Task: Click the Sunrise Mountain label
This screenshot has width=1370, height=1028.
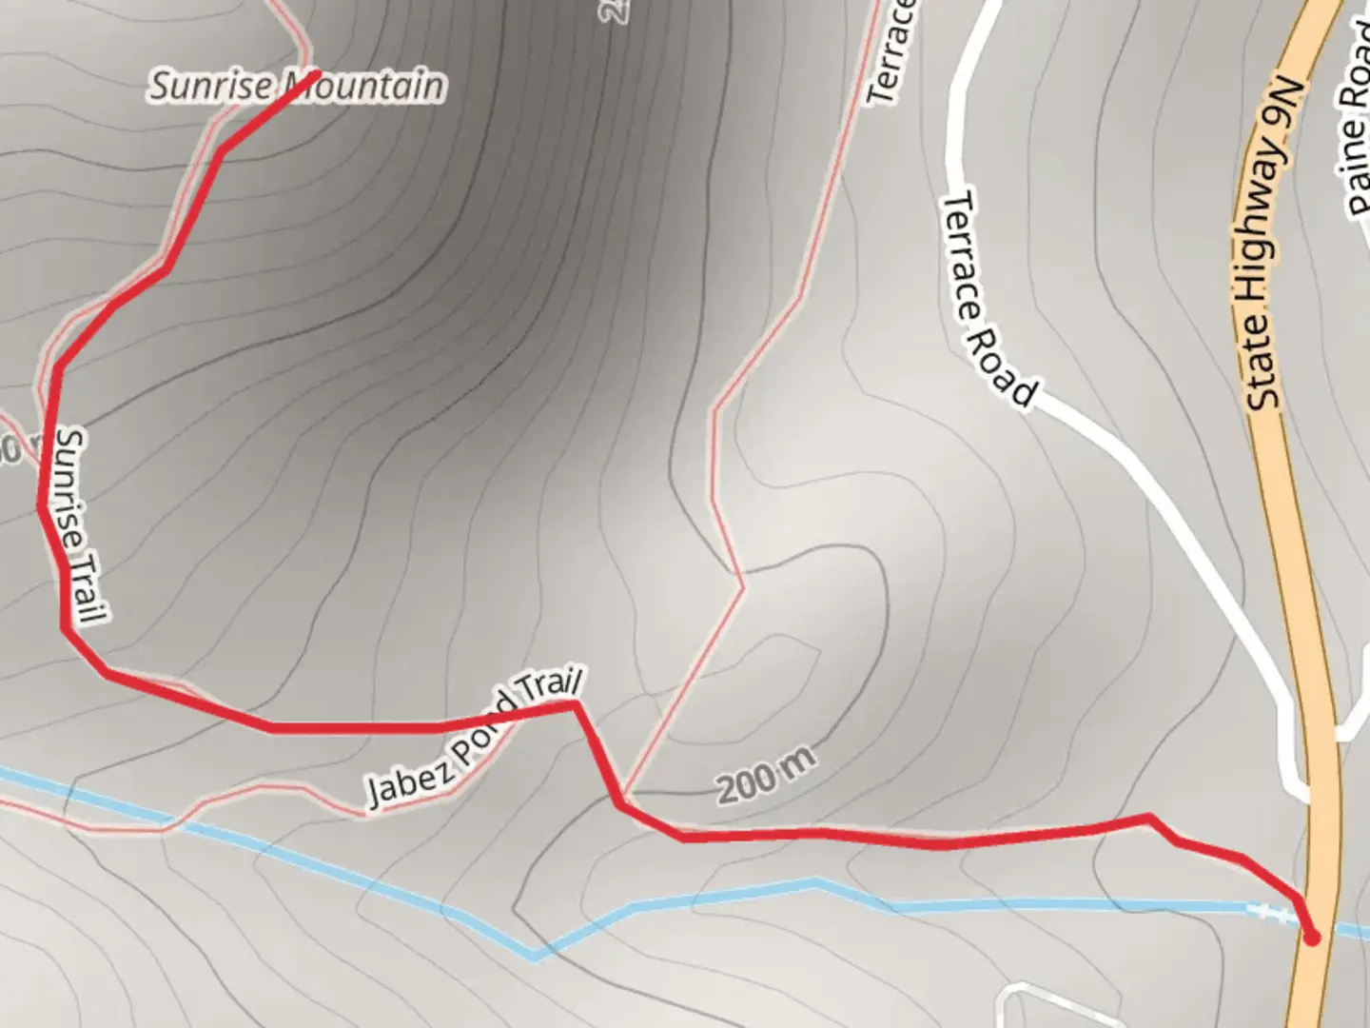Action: (297, 87)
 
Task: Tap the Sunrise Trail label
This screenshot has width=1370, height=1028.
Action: (78, 526)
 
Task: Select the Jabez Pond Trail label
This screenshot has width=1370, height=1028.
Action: (473, 739)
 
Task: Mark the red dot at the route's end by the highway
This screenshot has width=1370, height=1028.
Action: (1313, 938)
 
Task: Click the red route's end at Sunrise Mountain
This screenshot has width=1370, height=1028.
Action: (314, 74)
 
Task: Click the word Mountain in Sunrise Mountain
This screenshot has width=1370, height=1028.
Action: (363, 87)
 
